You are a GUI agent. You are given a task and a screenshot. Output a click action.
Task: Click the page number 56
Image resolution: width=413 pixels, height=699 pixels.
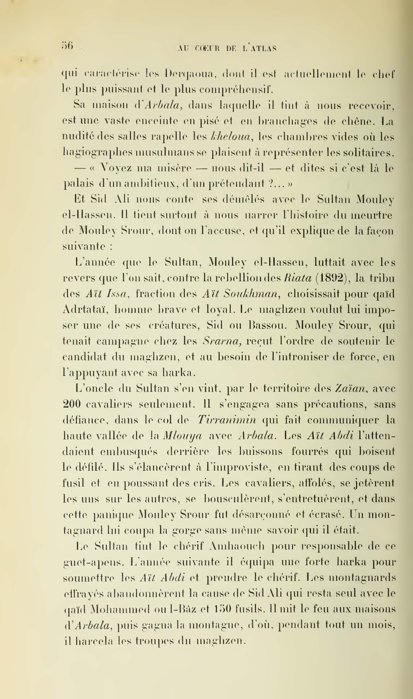(x=67, y=45)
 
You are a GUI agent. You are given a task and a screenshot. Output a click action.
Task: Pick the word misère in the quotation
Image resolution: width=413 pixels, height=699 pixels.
(x=174, y=169)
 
